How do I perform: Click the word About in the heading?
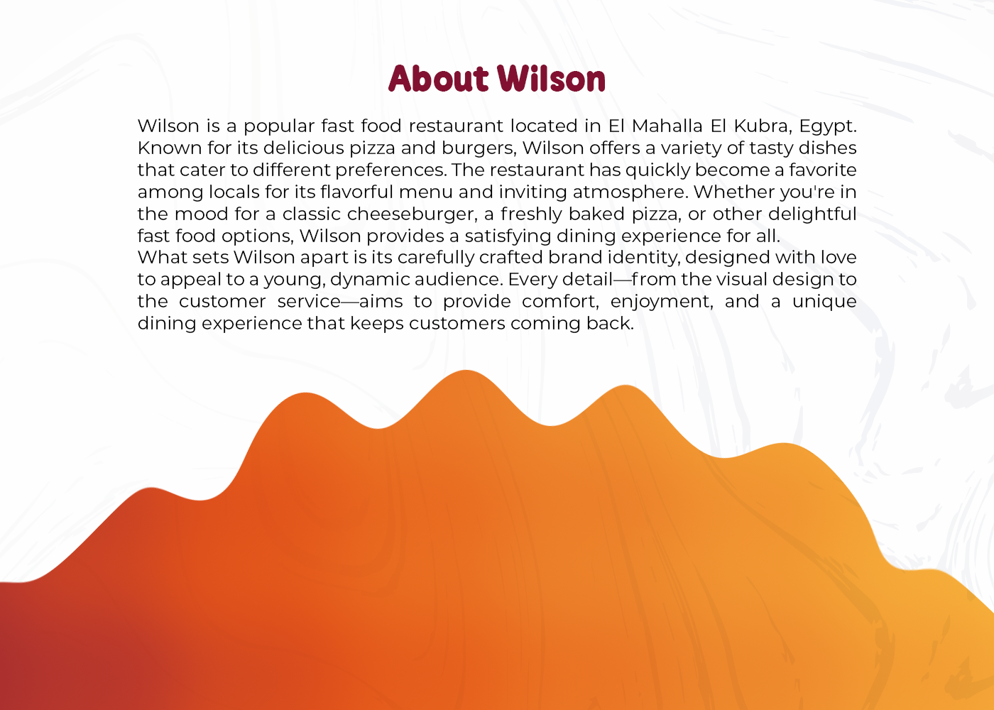click(439, 79)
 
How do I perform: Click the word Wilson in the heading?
click(551, 79)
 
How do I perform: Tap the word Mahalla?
click(667, 126)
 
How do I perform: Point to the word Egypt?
click(828, 127)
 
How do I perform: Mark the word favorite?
click(823, 170)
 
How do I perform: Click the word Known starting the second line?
click(170, 148)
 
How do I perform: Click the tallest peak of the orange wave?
click(466, 371)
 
